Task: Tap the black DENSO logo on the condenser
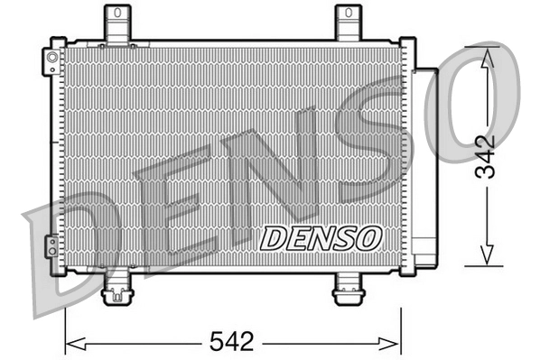click(x=322, y=237)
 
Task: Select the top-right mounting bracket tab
click(x=349, y=23)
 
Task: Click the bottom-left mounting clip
click(x=117, y=291)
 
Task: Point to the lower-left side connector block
click(x=54, y=246)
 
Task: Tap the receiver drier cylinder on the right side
click(x=424, y=162)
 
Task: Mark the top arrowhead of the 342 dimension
click(x=487, y=57)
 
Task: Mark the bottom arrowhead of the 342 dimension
click(x=487, y=258)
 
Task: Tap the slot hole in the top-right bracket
click(x=349, y=14)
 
